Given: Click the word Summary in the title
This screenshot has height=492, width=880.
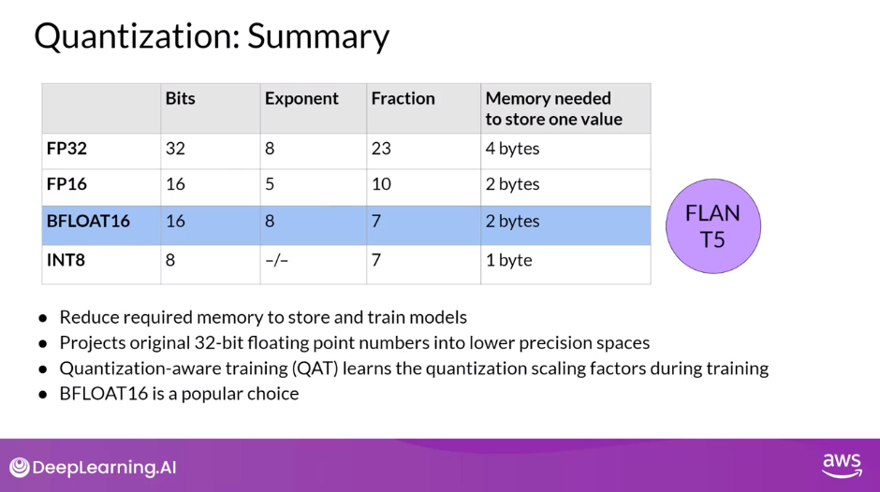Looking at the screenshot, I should coord(318,36).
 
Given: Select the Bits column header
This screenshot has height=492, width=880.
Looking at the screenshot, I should coord(180,98).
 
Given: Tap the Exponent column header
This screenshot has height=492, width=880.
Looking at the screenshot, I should coord(301,98).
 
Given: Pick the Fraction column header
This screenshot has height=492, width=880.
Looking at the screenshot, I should coord(403,98).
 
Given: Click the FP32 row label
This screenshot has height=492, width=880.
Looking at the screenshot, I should coord(67,149).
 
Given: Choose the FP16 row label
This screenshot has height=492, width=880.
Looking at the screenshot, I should coord(67,184).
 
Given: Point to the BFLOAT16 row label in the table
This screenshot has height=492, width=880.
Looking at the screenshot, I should coord(88,222).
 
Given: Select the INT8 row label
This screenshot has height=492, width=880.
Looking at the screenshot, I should coord(66,260).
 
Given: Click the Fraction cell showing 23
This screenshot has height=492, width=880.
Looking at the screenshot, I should coord(381,149).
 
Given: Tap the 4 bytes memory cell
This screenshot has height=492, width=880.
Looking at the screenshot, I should coord(512,149).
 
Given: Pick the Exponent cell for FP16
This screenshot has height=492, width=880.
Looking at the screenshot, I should coord(270,184).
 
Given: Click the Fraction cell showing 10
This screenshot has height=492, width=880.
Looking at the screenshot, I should coord(381,184).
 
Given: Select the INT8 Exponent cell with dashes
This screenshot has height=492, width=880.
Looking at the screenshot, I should coord(276,260).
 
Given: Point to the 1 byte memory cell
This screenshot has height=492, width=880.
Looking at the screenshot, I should coord(508,260).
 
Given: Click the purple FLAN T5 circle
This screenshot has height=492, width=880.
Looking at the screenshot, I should coord(712,226).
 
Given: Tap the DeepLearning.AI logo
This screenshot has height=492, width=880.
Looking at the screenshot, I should coord(93,468).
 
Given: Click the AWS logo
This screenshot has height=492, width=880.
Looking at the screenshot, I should coord(841,465).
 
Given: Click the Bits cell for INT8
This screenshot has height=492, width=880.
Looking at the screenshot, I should coord(170,260).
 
